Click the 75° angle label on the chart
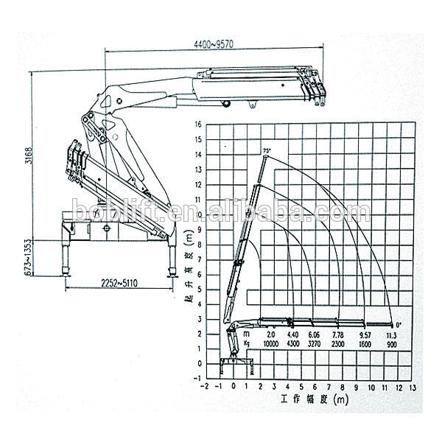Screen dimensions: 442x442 pos(266,150)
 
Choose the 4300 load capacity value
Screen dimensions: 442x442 pos(292,343)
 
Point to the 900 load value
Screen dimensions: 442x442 pos(392,343)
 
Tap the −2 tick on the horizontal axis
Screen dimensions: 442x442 pos(208,386)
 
